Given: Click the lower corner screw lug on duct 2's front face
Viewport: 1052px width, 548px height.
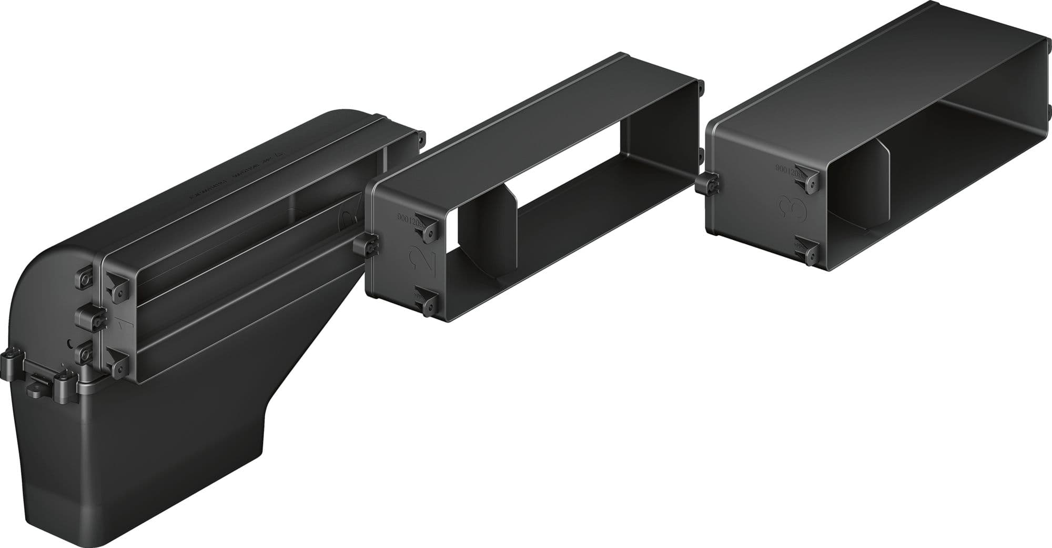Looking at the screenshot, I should pyautogui.click(x=429, y=304).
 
